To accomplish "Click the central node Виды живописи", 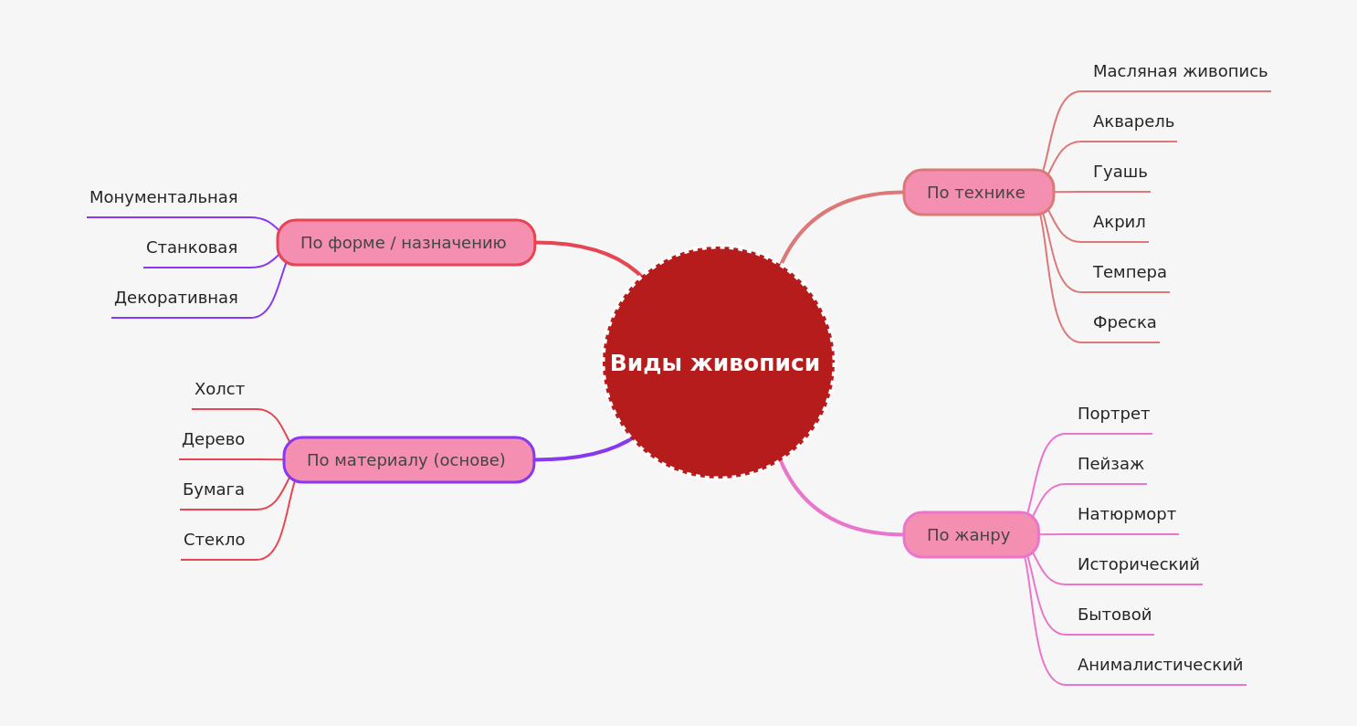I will click(x=718, y=363).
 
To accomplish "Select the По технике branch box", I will click(x=978, y=193).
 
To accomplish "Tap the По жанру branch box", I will click(x=971, y=535).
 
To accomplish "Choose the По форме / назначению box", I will click(x=405, y=243).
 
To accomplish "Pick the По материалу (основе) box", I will click(x=408, y=460).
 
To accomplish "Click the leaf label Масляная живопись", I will click(x=1180, y=71).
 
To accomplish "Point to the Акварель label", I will click(x=1133, y=121).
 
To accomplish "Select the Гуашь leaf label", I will click(x=1120, y=172).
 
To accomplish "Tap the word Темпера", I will click(x=1130, y=272).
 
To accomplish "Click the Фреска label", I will click(x=1124, y=322).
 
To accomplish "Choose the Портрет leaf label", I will click(x=1113, y=414).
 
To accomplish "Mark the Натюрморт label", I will click(x=1126, y=514).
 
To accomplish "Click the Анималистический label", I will click(x=1160, y=665).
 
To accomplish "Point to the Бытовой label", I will click(x=1114, y=615).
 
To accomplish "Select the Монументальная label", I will click(x=163, y=197).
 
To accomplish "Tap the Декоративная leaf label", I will click(x=175, y=298).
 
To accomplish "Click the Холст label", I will click(x=219, y=389).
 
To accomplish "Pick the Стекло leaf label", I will click(x=214, y=540).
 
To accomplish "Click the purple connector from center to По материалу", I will click(x=584, y=455).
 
